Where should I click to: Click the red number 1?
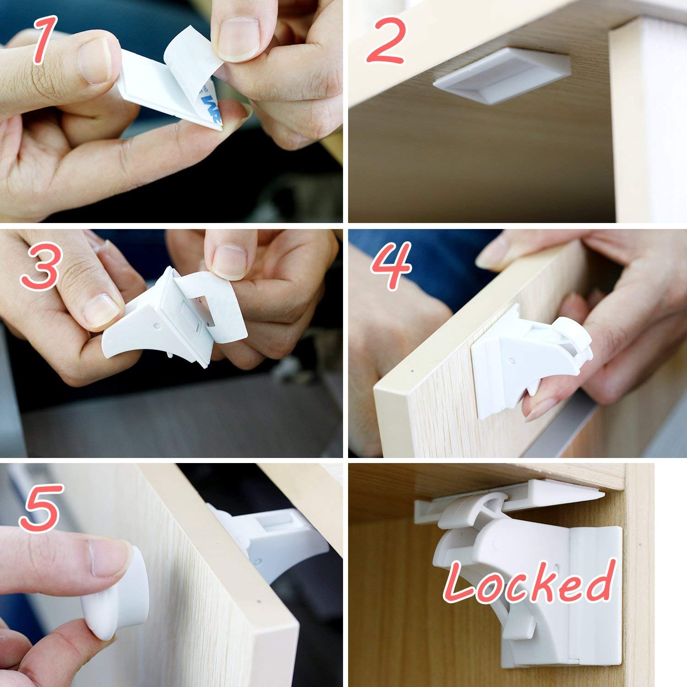(45, 41)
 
